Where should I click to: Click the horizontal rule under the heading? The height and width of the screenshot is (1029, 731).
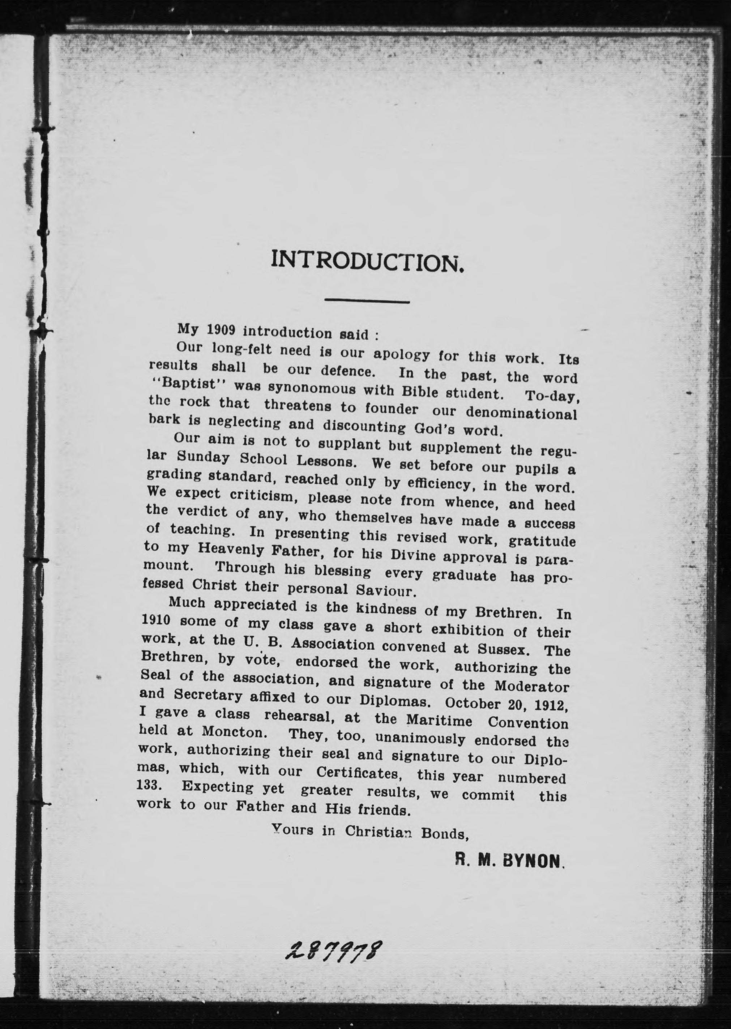pos(367,301)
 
